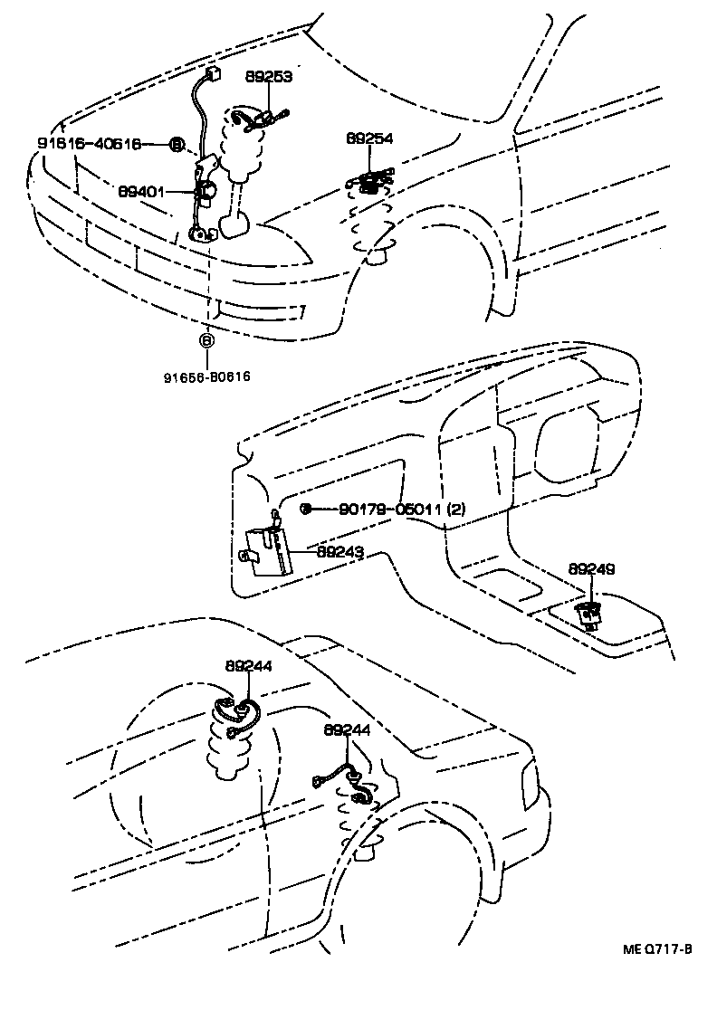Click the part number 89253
point(267,78)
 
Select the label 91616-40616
point(89,144)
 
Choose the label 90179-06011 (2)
point(403,510)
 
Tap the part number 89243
point(339,550)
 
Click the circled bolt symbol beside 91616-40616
point(177,144)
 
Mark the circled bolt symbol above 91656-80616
point(207,341)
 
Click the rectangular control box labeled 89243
point(271,553)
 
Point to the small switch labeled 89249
point(590,615)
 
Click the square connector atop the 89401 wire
point(214,76)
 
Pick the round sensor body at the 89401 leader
point(206,190)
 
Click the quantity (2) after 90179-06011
point(457,510)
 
